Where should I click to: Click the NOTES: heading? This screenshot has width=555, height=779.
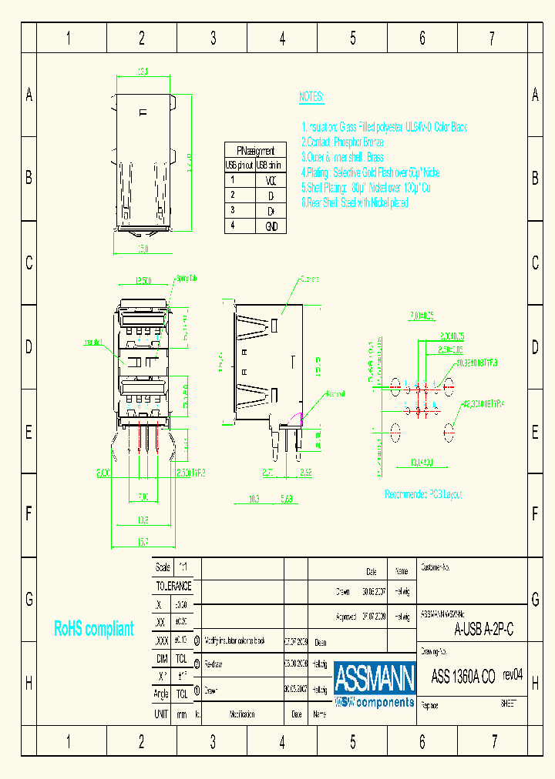tap(311, 97)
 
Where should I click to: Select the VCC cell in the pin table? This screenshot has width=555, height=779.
tap(271, 181)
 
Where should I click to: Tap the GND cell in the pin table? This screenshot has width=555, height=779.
tap(271, 226)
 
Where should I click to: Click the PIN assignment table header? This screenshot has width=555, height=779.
tap(255, 150)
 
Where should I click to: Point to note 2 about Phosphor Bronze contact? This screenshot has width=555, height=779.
tap(342, 142)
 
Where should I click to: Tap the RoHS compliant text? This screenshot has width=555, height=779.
tap(93, 629)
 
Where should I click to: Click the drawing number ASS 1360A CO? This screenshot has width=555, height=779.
tap(462, 677)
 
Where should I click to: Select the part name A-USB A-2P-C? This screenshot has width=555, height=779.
tap(483, 630)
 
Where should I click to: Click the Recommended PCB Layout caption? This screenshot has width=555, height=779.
tap(423, 494)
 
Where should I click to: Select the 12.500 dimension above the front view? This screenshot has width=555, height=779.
tap(143, 281)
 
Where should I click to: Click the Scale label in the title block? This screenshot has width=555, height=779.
tap(163, 567)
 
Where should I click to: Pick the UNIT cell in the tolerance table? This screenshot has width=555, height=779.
tap(161, 714)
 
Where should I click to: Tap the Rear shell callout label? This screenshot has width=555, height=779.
tap(335, 393)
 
